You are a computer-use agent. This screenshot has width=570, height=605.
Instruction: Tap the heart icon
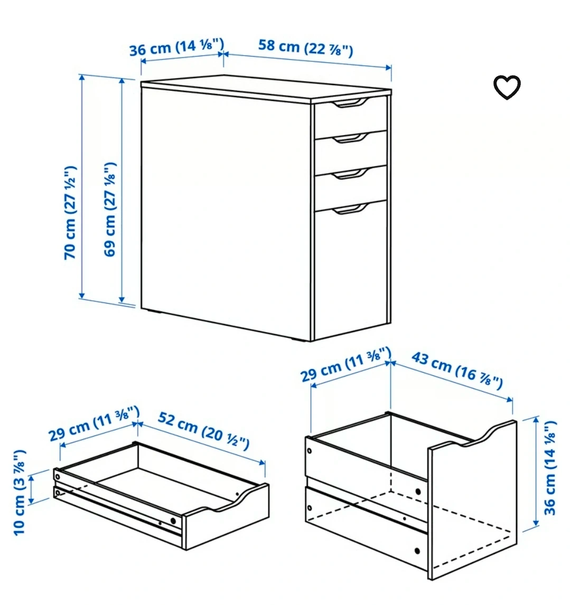(507, 87)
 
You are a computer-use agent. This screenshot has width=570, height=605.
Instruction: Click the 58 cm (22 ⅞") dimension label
(305, 48)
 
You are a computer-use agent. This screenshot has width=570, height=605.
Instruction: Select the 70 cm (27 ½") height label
(70, 213)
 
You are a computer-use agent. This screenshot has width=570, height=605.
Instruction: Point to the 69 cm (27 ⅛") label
(110, 210)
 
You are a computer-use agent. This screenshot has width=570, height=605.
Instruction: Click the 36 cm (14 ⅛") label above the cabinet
(176, 47)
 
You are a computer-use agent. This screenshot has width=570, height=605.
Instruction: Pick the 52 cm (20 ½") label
(203, 430)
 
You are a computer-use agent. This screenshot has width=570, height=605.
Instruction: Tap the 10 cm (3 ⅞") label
(20, 493)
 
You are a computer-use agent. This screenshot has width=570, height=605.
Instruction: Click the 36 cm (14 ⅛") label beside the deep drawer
(549, 468)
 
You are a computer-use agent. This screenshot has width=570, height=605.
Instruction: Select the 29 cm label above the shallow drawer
(94, 423)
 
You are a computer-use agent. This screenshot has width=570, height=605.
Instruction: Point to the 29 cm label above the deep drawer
(346, 364)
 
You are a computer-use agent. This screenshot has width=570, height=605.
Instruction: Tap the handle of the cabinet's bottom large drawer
(351, 209)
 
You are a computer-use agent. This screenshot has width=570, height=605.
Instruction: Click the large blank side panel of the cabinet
(226, 209)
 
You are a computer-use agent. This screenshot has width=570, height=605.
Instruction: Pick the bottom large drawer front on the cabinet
(351, 270)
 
